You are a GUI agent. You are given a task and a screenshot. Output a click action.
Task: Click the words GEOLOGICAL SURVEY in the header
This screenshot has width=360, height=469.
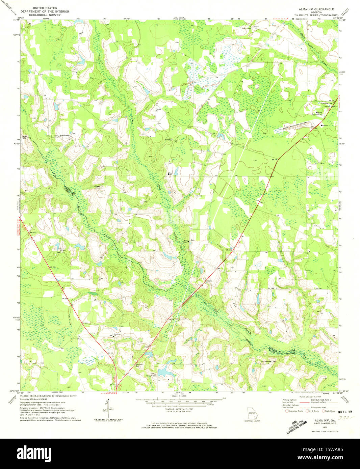click(45, 15)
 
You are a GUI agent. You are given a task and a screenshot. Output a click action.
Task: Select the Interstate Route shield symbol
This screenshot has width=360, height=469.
click(287, 411)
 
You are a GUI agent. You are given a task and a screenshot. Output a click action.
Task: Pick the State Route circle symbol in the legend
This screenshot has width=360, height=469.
click(323, 411)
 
